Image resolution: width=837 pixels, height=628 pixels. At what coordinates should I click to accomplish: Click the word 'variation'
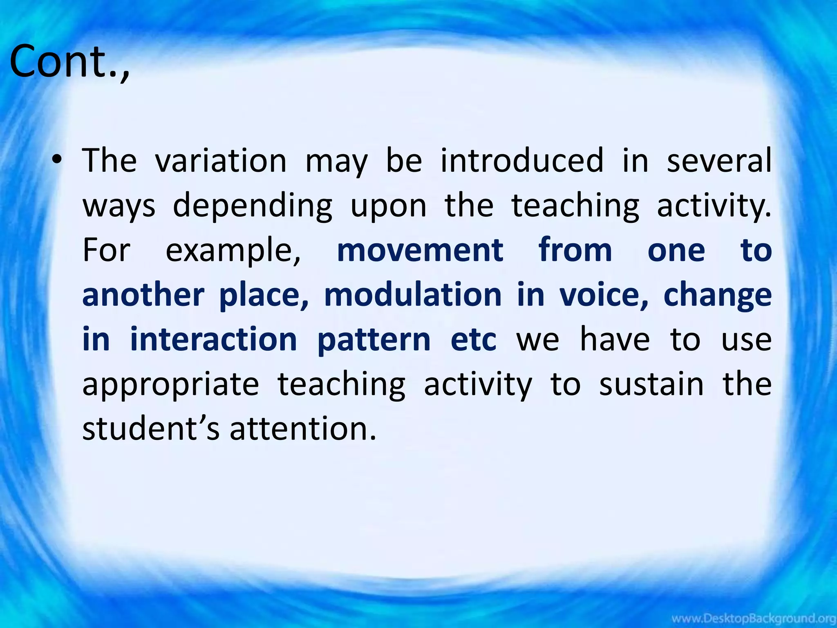[x=221, y=161]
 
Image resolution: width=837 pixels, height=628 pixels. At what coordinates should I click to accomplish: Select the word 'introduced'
[x=522, y=161]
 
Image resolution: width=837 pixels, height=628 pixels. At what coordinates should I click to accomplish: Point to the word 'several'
[x=719, y=161]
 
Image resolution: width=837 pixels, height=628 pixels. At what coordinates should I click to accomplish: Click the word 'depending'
[x=253, y=206]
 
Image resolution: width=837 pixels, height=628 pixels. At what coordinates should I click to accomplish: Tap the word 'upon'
[x=389, y=206]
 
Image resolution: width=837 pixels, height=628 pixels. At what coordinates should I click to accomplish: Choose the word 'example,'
[x=233, y=251]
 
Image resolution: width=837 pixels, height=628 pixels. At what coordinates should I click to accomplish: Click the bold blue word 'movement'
[x=420, y=250]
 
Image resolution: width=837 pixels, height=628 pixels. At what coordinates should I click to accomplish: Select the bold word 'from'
[x=575, y=250]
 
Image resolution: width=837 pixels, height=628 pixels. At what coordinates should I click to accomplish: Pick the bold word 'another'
[x=143, y=295]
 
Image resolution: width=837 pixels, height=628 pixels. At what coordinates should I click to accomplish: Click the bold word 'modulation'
[x=413, y=295]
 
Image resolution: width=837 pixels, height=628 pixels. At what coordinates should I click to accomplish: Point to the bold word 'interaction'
[x=213, y=339]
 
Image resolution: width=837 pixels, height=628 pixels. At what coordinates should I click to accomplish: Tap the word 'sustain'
[x=651, y=384]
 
